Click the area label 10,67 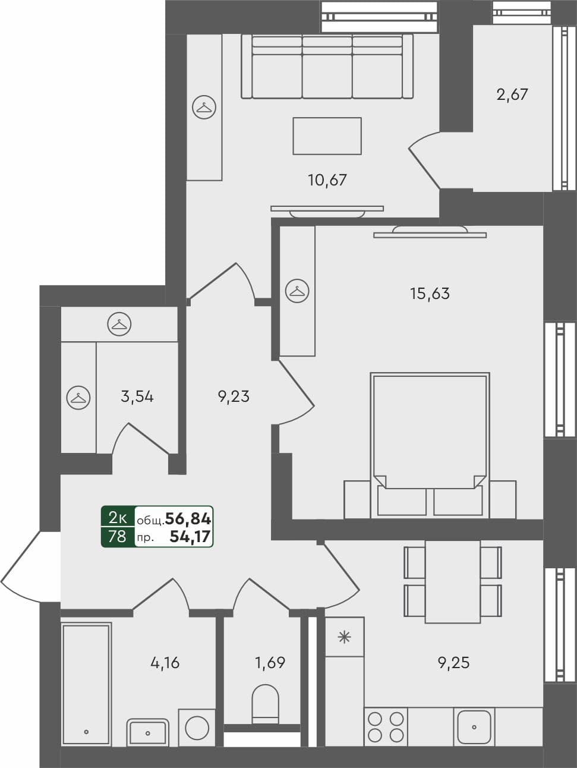point(327,180)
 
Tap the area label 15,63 point(430,293)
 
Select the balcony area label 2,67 point(512,95)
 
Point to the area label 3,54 point(137,396)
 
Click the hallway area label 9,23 point(234,396)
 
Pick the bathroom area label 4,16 point(165,662)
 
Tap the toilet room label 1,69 point(270,662)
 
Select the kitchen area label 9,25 point(454,662)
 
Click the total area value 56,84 point(188,519)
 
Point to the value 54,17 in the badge point(190,537)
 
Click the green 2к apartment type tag point(118,518)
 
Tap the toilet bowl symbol point(265,704)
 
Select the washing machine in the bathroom point(197,727)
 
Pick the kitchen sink point(474,726)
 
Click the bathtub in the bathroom point(86,683)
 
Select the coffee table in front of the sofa point(327,136)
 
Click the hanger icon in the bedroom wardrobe point(297,291)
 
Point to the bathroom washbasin point(147,731)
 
